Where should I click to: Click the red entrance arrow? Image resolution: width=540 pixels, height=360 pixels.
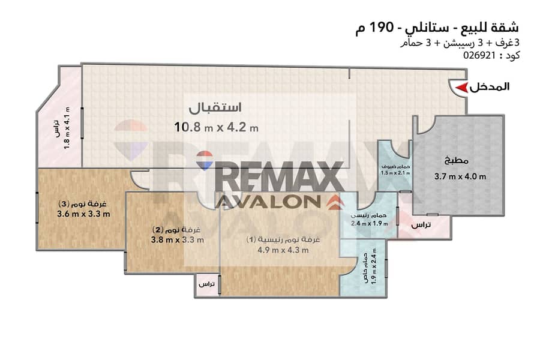point(461,88)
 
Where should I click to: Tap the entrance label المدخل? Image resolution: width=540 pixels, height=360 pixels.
point(490,87)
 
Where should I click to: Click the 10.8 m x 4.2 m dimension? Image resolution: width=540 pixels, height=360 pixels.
point(216,127)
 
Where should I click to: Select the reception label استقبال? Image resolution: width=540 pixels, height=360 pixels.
point(215,107)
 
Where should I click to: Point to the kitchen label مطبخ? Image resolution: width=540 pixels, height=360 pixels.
point(457,161)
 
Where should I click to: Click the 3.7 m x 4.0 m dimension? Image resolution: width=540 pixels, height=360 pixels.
point(460,177)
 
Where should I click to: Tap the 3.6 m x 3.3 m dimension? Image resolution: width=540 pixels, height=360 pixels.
point(83,214)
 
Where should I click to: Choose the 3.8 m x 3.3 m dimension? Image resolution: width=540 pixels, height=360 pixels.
point(178,239)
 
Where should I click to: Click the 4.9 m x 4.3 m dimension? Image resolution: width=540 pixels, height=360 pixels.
point(283,250)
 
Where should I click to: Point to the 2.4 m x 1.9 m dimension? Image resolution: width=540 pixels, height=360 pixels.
point(369,223)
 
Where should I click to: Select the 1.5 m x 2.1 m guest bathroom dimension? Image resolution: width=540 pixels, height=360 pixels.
point(395,173)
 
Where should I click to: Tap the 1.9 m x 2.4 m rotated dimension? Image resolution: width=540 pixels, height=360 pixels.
point(374,266)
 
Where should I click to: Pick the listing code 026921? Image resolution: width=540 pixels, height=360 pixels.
point(479,55)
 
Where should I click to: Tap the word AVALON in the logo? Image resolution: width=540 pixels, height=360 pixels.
point(268,202)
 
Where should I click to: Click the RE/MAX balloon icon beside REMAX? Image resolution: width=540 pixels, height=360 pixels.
point(205,160)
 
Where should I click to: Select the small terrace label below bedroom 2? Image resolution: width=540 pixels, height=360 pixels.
point(206,284)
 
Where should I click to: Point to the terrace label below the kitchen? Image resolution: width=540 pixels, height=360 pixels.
point(421,225)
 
